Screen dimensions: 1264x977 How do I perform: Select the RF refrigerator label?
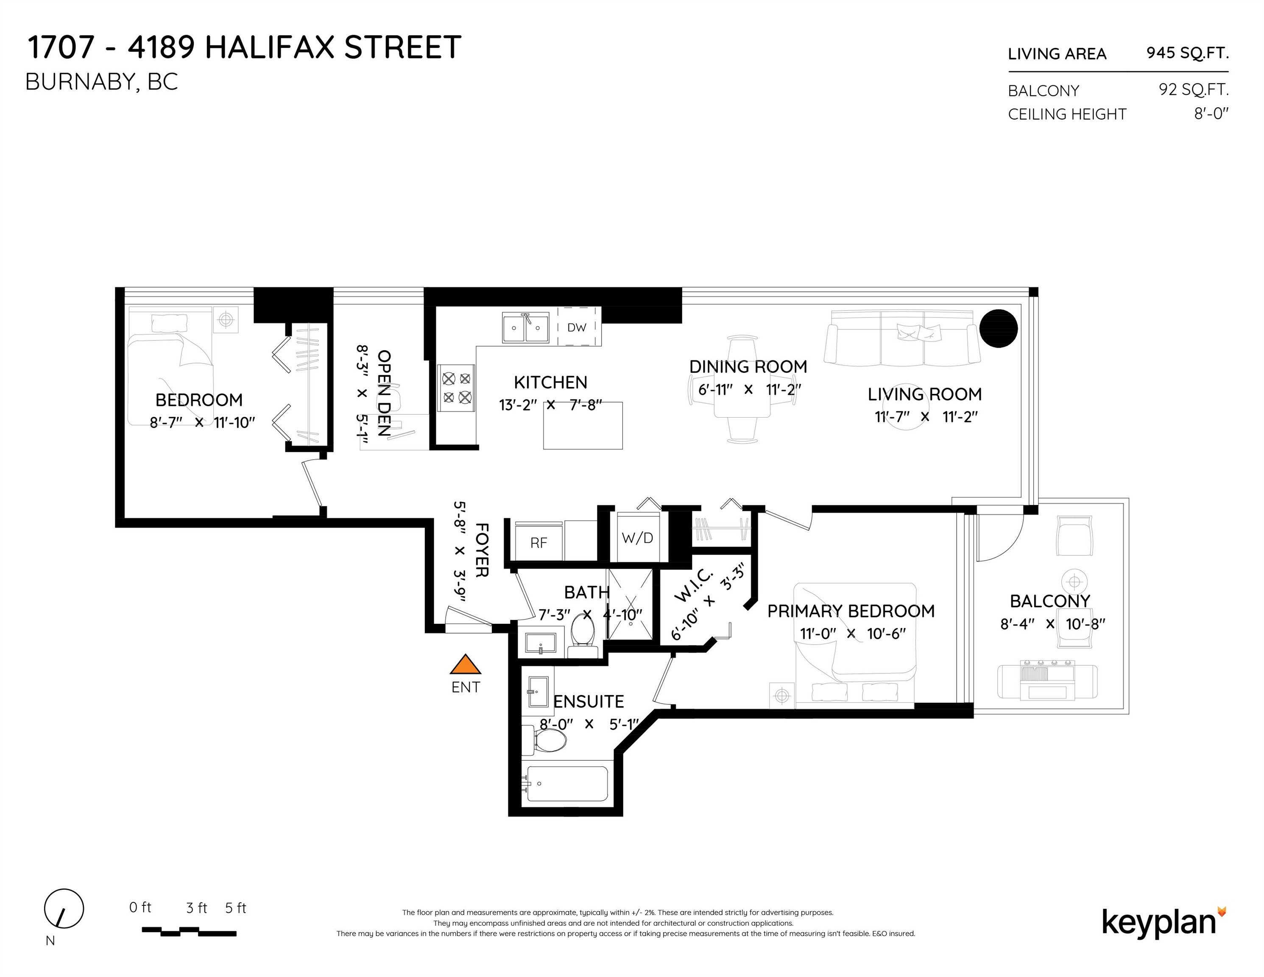click(x=539, y=543)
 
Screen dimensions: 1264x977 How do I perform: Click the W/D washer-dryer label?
click(x=637, y=538)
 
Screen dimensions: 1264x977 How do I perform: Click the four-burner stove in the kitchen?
click(x=457, y=388)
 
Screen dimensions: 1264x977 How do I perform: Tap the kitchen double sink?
click(x=525, y=328)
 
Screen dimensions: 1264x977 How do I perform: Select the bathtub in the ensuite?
click(x=567, y=784)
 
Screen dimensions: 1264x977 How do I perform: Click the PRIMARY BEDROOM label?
click(x=851, y=611)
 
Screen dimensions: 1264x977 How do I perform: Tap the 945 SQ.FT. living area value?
click(x=1188, y=53)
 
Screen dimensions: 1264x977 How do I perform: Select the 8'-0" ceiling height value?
click(x=1211, y=114)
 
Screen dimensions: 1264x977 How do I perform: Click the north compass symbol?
click(x=64, y=909)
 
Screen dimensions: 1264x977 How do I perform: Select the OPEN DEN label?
click(x=384, y=393)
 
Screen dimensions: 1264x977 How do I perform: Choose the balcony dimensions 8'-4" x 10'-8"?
click(x=1053, y=624)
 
